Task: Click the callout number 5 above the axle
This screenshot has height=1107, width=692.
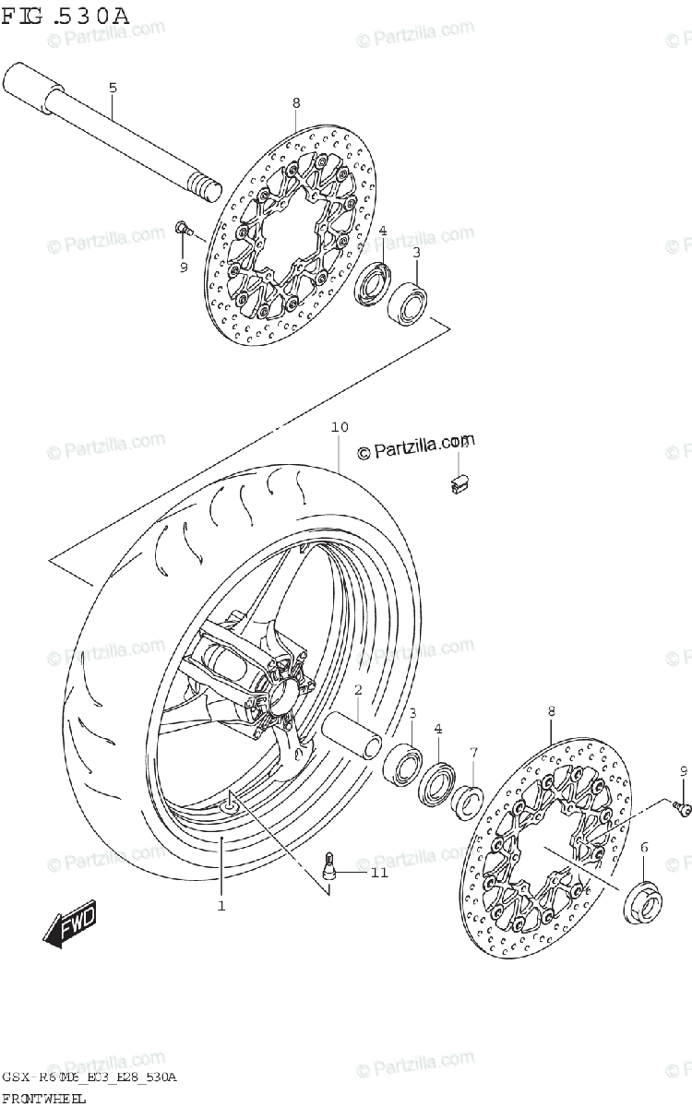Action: (x=113, y=89)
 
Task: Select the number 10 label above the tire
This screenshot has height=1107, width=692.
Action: (x=340, y=427)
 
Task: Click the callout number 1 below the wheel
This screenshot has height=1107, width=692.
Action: (x=221, y=906)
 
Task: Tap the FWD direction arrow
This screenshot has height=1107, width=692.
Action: (x=70, y=925)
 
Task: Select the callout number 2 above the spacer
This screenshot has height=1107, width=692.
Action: (x=357, y=690)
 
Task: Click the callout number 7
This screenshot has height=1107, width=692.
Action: (x=472, y=753)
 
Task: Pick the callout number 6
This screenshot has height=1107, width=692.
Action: (x=643, y=847)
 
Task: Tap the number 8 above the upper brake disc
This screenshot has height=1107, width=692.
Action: (x=295, y=102)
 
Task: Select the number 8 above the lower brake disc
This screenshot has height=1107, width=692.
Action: (x=551, y=711)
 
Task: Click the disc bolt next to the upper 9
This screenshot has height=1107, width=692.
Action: (x=182, y=226)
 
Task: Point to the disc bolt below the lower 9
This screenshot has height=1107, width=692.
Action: (x=683, y=808)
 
